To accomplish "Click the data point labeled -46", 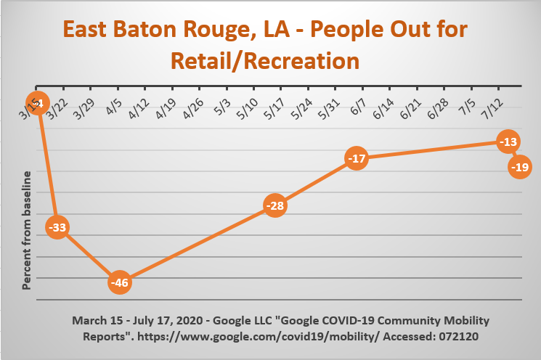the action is [120, 282].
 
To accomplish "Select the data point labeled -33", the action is [57, 227].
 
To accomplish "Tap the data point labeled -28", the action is [275, 205].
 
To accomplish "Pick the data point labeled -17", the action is [357, 158].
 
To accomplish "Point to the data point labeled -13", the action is [508, 142].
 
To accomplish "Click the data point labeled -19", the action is [520, 167].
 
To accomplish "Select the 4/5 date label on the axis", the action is [114, 107].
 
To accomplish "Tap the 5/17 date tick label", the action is [274, 109].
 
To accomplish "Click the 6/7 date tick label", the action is [358, 107].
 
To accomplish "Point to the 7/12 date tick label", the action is [492, 109].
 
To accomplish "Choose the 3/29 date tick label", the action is [84, 109].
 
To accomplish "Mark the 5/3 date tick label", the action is [222, 107].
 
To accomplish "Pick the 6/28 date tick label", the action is [438, 109].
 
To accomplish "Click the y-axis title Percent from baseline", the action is [26, 230].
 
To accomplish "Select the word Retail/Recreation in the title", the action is [265, 61].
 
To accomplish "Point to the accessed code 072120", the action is [458, 336].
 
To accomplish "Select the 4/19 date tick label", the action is [166, 109].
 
